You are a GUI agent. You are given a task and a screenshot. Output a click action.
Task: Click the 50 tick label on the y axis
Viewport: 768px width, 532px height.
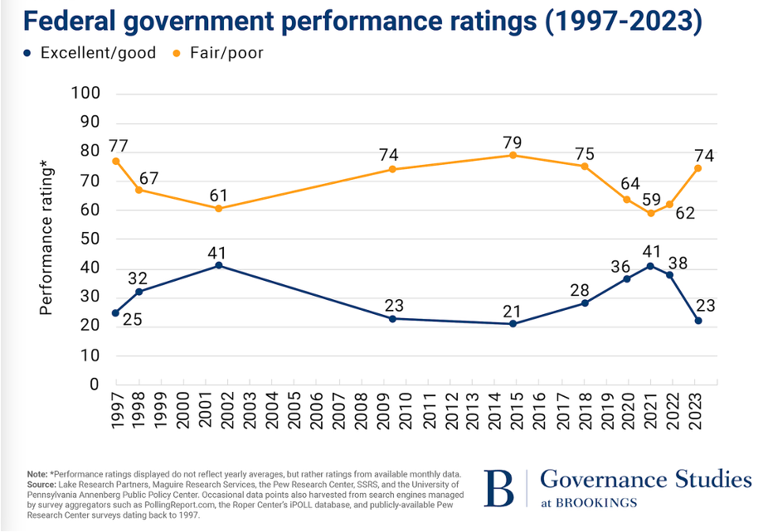[x=90, y=239]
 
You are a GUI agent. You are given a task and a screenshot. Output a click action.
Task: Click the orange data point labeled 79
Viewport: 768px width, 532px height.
[x=513, y=155]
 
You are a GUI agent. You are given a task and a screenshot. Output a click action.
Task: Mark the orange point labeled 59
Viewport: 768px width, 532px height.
[x=651, y=213]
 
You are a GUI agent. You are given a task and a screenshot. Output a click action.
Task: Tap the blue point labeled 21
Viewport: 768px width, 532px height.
[x=513, y=323]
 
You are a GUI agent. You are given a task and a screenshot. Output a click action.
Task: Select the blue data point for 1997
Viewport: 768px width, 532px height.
[x=115, y=312]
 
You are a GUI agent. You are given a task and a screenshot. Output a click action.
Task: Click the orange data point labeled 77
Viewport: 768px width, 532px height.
[x=115, y=161]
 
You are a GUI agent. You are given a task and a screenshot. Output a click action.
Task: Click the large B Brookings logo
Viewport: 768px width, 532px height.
[x=500, y=488]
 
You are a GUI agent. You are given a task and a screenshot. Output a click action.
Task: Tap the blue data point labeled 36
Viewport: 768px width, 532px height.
[x=627, y=278]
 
